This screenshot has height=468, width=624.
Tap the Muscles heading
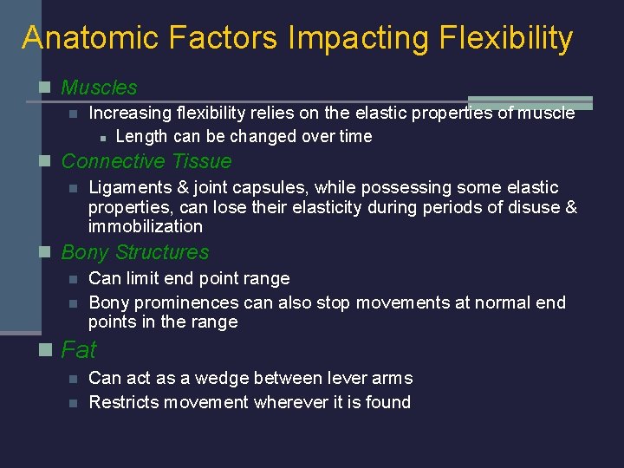pyautogui.click(x=99, y=88)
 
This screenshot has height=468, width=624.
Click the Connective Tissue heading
pyautogui.click(x=146, y=161)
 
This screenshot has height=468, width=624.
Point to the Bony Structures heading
pyautogui.click(x=135, y=252)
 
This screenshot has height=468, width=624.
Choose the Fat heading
pyautogui.click(x=79, y=350)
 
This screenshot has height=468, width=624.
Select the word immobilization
pyautogui.click(x=146, y=227)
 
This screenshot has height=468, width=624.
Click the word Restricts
pyautogui.click(x=123, y=402)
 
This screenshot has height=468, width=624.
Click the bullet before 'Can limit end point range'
pyautogui.click(x=74, y=279)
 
